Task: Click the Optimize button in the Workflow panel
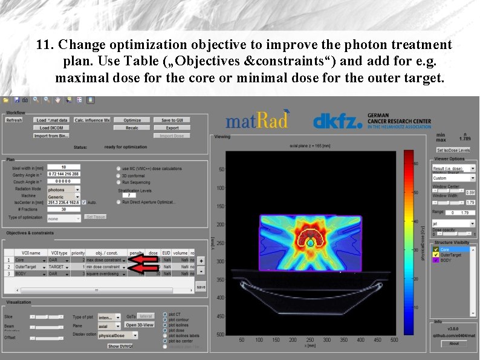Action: click(128, 120)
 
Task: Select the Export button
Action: click(172, 128)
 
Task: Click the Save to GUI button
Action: click(172, 120)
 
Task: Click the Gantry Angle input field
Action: click(63, 174)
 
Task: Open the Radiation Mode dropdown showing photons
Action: click(63, 189)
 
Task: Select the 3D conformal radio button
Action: click(118, 175)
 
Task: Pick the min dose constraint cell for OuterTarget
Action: click(105, 267)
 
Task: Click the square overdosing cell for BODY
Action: click(105, 273)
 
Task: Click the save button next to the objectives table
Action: click(201, 287)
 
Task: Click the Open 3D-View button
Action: click(140, 325)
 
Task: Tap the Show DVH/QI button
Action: click(120, 346)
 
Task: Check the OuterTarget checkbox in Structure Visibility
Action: click(435, 255)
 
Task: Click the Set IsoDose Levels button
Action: click(453, 150)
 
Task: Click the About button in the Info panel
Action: click(453, 344)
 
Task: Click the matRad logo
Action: click(258, 120)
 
